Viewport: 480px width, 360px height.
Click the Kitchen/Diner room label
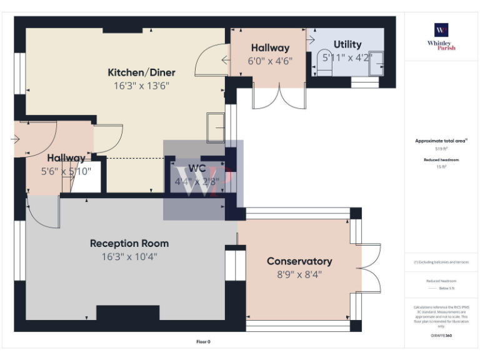141,72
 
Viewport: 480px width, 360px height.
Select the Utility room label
347,44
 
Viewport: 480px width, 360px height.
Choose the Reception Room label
129,243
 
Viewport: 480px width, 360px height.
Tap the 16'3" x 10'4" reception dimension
129,256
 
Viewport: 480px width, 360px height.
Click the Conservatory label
299,261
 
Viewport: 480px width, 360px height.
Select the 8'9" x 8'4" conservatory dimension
299,274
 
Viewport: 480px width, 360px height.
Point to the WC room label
197,169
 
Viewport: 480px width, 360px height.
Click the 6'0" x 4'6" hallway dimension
270,61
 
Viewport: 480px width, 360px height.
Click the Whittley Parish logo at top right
441,37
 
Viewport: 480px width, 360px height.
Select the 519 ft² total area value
441,149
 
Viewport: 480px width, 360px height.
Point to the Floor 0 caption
204,342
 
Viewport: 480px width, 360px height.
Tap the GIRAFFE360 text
441,336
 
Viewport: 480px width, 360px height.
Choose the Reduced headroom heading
441,161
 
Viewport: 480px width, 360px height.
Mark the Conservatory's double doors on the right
372,267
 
